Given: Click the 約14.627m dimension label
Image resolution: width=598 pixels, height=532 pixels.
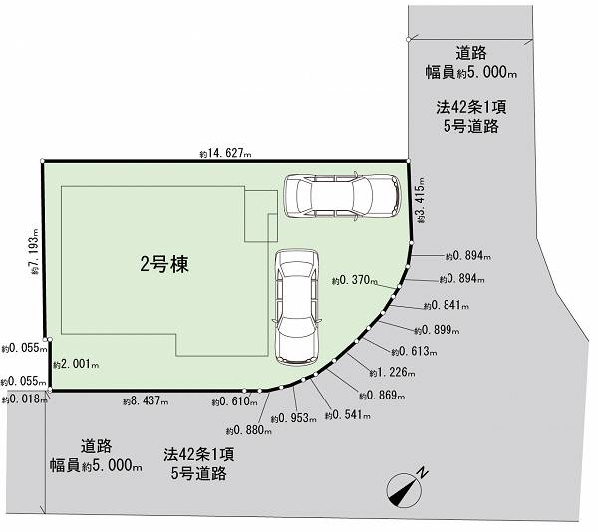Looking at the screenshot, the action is (x=226, y=154).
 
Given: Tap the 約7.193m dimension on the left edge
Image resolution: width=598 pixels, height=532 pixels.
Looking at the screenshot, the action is (x=35, y=251).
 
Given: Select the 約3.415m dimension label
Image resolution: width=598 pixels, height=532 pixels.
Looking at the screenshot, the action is (x=420, y=200).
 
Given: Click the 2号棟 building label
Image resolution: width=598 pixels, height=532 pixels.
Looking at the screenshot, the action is (x=164, y=264).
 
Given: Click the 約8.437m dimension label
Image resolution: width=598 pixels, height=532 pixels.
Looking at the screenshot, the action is (x=146, y=400).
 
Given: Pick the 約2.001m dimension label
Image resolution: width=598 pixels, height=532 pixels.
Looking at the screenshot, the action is (x=76, y=364).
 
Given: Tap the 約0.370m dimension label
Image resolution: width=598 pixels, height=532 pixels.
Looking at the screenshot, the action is (x=355, y=281).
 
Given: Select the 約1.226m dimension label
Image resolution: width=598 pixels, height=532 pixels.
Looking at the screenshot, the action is (x=392, y=372).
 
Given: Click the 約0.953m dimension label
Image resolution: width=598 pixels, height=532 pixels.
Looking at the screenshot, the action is (x=294, y=418).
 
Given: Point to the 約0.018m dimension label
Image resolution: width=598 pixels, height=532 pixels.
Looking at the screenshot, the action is (x=24, y=399).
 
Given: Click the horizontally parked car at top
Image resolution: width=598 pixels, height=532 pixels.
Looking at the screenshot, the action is (x=343, y=196).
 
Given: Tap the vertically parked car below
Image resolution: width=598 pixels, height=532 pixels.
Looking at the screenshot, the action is (x=296, y=307).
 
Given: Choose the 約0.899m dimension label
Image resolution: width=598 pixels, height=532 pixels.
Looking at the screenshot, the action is (x=438, y=330).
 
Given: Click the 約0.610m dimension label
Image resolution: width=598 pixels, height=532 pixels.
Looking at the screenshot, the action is (x=235, y=401).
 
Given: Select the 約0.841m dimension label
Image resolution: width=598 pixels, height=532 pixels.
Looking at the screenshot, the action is (x=447, y=305).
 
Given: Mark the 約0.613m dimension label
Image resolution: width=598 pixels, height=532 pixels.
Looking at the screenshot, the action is (x=415, y=351).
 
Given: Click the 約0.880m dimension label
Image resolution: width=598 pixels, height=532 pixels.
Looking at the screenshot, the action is (x=249, y=430).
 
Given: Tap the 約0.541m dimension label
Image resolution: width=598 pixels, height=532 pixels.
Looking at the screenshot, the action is (x=348, y=415).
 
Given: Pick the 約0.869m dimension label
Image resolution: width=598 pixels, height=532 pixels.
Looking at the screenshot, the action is (x=382, y=396).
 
